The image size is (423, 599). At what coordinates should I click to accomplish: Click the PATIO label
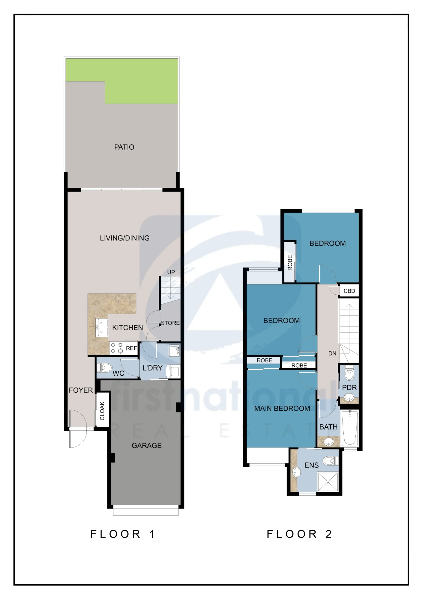(124, 147)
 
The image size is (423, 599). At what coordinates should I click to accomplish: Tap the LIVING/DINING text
(125, 238)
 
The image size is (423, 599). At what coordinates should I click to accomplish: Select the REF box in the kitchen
(131, 348)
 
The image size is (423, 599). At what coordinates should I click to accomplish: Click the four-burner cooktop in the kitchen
(117, 348)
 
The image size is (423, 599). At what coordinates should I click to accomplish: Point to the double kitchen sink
(102, 328)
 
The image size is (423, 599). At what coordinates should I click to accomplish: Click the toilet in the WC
(104, 367)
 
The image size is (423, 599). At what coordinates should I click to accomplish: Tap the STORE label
(171, 323)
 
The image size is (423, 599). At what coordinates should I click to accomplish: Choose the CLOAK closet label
(102, 411)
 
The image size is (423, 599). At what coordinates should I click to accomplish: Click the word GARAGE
(147, 446)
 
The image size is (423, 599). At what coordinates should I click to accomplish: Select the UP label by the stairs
(171, 272)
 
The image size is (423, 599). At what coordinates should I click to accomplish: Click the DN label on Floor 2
(332, 353)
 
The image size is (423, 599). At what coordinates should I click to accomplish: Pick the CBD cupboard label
(349, 291)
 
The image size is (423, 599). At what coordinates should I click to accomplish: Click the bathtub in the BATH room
(350, 428)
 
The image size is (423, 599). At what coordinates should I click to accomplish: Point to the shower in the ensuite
(328, 482)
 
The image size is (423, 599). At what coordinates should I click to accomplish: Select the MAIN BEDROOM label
(282, 409)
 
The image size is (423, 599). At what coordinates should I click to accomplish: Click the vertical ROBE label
(290, 263)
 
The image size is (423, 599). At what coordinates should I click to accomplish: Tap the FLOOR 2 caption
(299, 534)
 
